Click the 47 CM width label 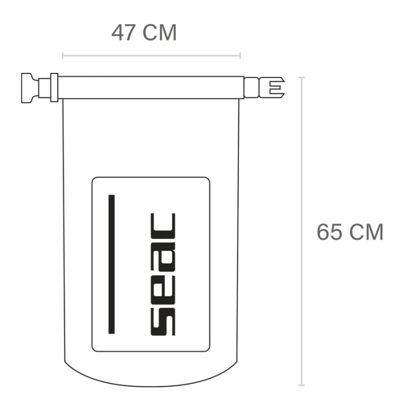click(144, 32)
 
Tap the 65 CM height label click(350, 232)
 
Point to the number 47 click(124, 32)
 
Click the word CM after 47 click(159, 32)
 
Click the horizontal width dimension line click(151, 56)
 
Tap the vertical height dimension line click(302, 235)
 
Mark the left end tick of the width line click(63, 56)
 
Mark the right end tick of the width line click(240, 56)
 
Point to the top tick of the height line click(302, 78)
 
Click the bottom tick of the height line click(302, 385)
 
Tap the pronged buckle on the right click(271, 87)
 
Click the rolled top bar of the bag click(150, 87)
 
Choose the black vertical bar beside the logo click(112, 264)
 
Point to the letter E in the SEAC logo click(163, 289)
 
